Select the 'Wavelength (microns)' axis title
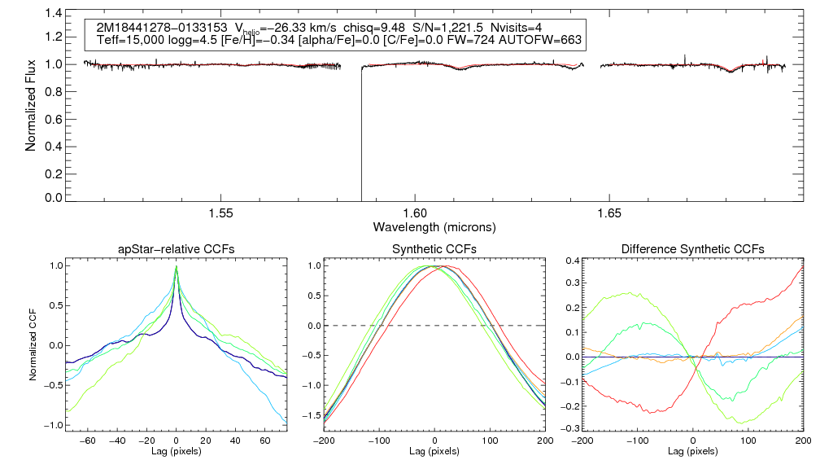pos(434,226)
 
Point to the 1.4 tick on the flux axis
pos(53,14)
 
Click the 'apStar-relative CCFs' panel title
pos(177,249)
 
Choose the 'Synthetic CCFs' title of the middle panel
pos(434,249)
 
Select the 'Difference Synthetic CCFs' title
pos(692,249)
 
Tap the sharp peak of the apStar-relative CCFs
pos(177,267)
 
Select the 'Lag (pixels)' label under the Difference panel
pos(692,450)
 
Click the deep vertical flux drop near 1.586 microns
pos(361,138)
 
